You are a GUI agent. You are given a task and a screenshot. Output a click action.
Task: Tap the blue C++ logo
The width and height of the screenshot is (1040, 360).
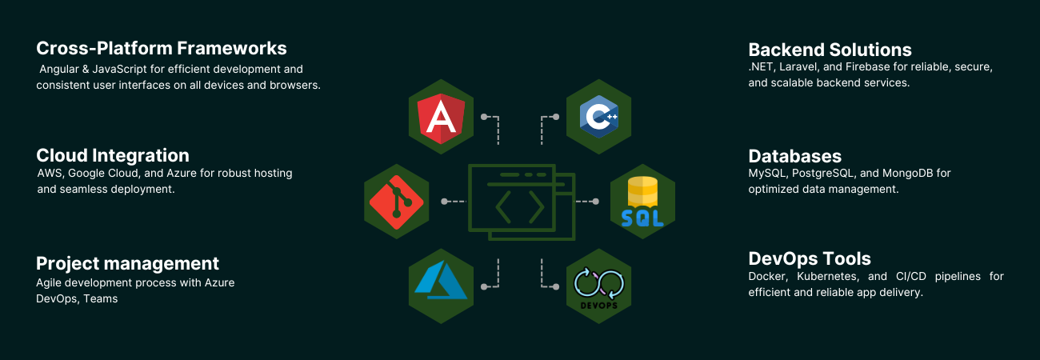tap(599, 117)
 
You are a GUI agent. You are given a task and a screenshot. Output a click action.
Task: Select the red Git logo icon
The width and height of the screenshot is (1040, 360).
tap(397, 202)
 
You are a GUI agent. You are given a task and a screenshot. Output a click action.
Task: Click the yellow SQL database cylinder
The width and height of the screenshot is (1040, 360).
tap(642, 191)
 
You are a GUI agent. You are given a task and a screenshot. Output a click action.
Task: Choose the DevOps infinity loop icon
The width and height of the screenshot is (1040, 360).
tap(599, 283)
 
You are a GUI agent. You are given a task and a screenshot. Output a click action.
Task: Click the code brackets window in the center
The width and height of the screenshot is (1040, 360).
tap(522, 202)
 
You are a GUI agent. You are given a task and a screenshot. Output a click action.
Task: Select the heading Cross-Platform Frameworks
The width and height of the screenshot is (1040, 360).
tap(162, 48)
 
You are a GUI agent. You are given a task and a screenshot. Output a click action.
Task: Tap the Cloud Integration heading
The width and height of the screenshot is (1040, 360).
tap(113, 155)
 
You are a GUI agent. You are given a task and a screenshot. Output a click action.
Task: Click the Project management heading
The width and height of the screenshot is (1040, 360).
tap(128, 263)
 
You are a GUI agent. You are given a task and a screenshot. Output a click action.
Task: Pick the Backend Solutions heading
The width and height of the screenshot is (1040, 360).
tap(830, 50)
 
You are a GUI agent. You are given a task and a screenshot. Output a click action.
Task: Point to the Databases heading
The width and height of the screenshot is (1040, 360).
tap(795, 156)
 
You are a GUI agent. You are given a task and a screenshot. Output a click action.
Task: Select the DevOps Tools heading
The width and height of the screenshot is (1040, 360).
tap(810, 258)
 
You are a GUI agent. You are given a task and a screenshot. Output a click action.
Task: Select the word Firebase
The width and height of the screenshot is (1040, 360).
tap(867, 67)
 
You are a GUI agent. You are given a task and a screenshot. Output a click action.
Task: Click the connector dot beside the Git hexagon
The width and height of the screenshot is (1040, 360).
tap(444, 202)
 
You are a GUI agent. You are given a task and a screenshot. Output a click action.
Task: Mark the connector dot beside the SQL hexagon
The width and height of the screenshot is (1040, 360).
tap(596, 202)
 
